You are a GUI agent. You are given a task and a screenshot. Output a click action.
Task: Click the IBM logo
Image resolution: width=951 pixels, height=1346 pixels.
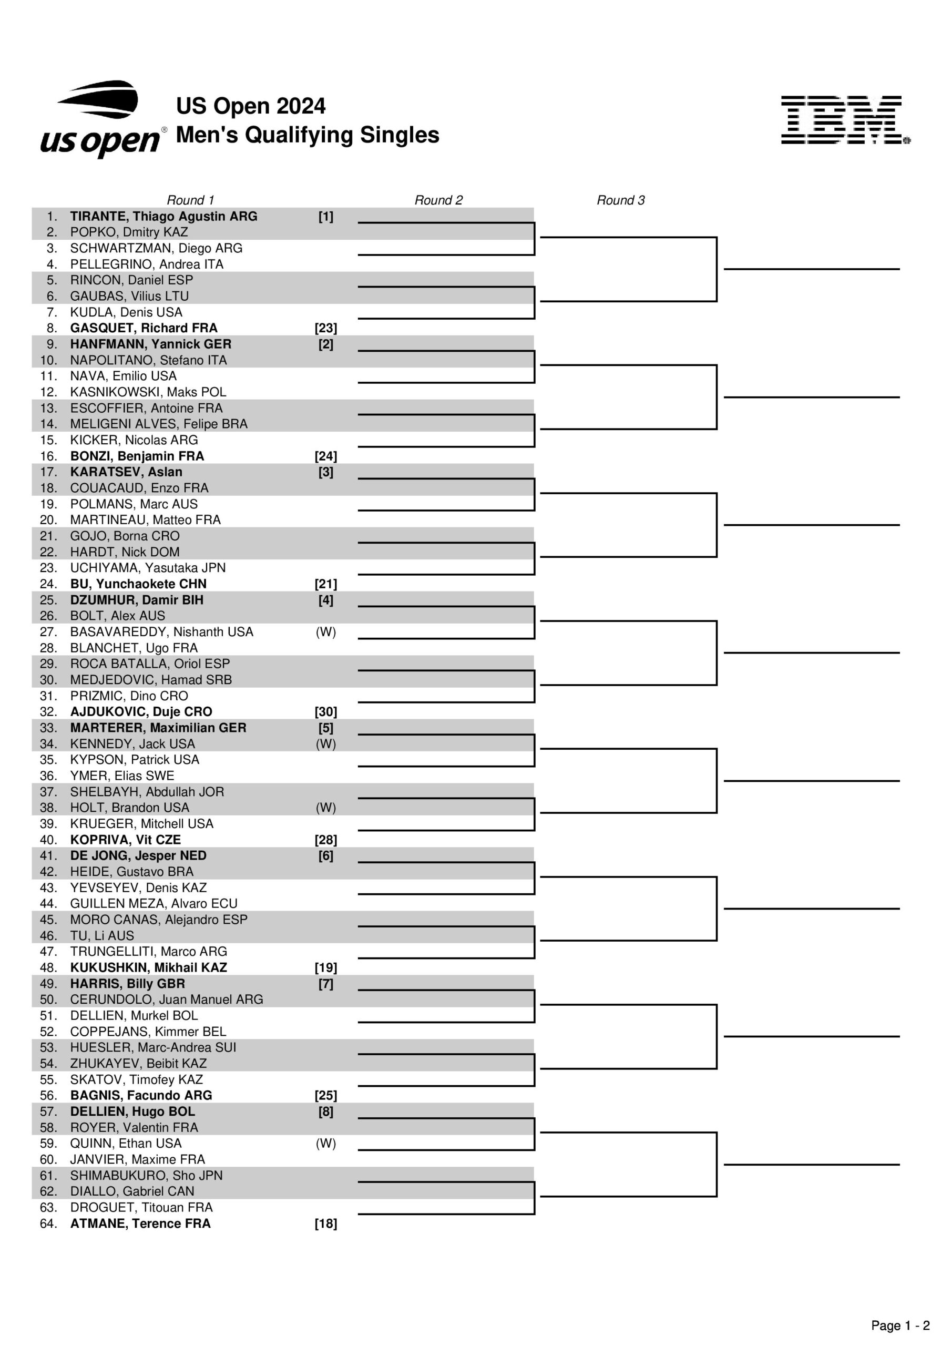[x=844, y=120]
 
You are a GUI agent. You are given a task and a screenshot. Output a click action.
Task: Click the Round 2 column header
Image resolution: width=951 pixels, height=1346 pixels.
[x=438, y=200]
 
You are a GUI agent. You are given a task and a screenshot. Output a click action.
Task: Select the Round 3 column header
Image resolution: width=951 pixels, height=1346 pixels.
[x=620, y=200]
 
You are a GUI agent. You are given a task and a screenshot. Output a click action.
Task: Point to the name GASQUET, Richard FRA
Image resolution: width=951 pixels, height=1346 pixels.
[x=144, y=328]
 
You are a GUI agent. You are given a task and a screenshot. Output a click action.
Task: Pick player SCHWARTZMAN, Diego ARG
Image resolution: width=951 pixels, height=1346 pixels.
[x=156, y=249]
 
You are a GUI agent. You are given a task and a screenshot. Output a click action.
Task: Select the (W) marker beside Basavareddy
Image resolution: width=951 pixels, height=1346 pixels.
[x=326, y=632]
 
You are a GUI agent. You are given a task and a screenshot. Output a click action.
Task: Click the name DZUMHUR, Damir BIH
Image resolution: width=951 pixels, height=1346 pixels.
[x=137, y=600]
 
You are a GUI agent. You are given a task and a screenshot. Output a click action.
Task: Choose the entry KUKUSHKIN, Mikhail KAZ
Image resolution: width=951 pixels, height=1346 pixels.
[x=148, y=968]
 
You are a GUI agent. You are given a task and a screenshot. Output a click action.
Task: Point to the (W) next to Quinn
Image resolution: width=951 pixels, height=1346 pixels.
[x=326, y=1144]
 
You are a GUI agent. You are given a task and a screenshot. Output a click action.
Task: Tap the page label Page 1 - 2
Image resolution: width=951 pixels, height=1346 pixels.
[x=900, y=1325]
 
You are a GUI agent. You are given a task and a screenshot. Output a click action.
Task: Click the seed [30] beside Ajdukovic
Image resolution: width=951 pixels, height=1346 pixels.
[x=326, y=712]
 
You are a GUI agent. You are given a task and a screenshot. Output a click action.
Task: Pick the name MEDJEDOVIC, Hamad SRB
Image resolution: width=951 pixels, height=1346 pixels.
[x=151, y=680]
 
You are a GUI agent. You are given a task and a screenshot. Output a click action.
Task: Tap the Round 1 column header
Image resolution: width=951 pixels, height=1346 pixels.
[x=190, y=200]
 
